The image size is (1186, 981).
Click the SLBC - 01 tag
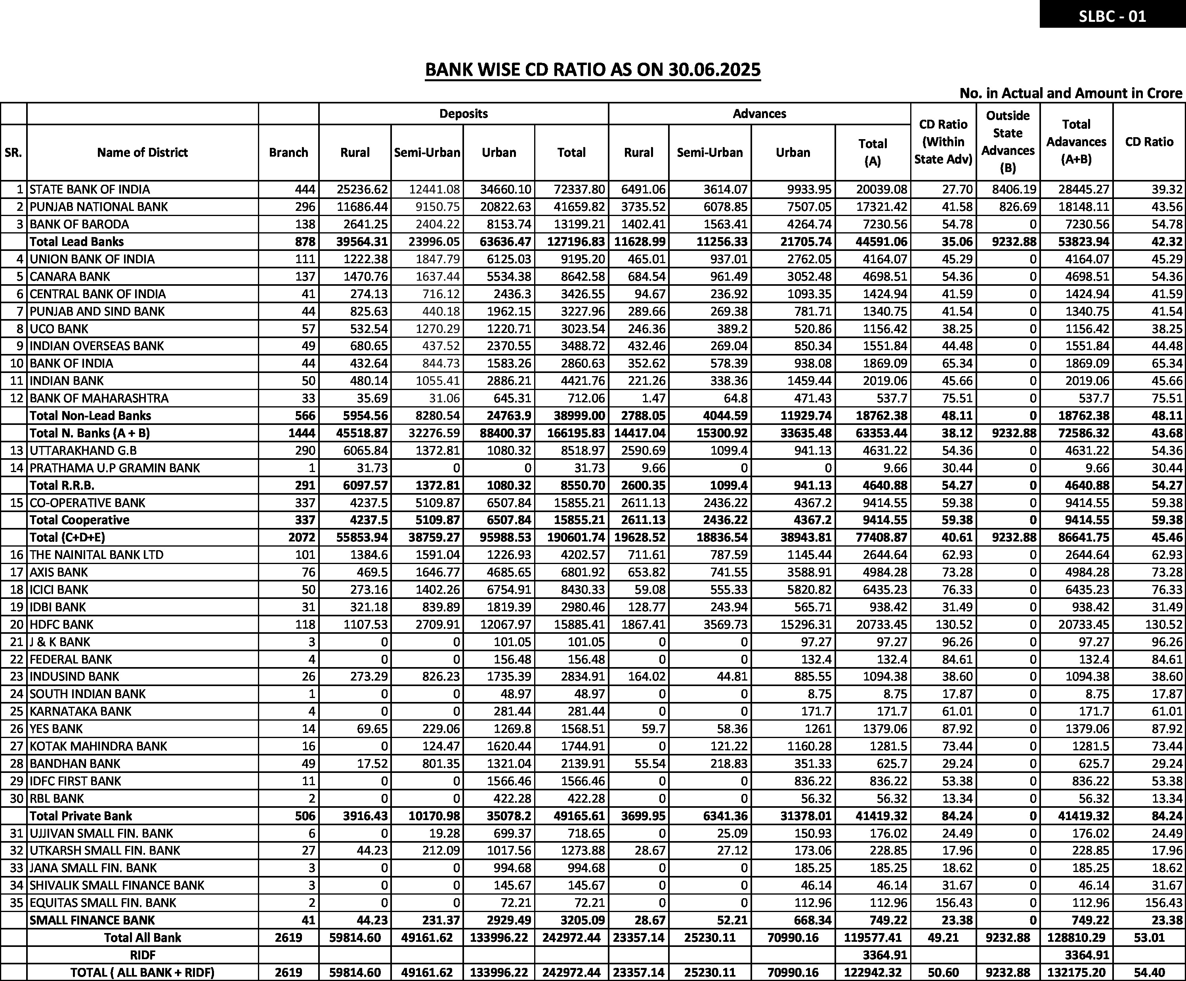click(1112, 16)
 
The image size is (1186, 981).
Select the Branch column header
click(288, 153)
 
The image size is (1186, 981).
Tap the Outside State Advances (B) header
click(1008, 142)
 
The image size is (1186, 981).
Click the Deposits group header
click(463, 113)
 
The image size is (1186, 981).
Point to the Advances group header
click(759, 113)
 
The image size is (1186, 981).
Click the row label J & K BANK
click(60, 642)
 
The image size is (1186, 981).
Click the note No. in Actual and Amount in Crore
click(1070, 93)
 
